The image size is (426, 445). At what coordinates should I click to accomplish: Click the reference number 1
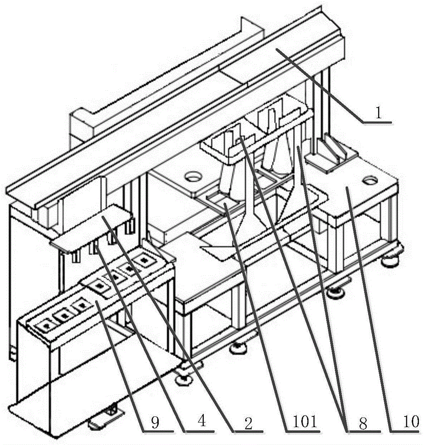pyautogui.click(x=377, y=113)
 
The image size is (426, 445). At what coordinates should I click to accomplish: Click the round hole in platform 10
pyautogui.click(x=369, y=181)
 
